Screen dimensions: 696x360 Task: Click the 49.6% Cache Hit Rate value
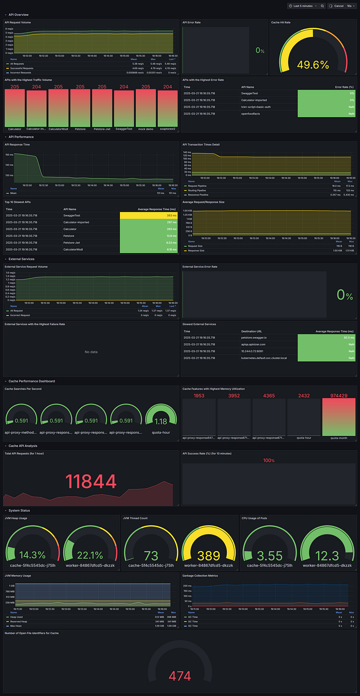(313, 65)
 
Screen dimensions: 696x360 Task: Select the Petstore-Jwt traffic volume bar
(102, 108)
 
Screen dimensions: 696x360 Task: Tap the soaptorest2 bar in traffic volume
(167, 108)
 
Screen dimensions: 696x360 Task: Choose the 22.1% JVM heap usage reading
(89, 555)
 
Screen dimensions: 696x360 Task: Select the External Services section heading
(25, 259)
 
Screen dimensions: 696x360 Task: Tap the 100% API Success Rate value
(268, 460)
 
